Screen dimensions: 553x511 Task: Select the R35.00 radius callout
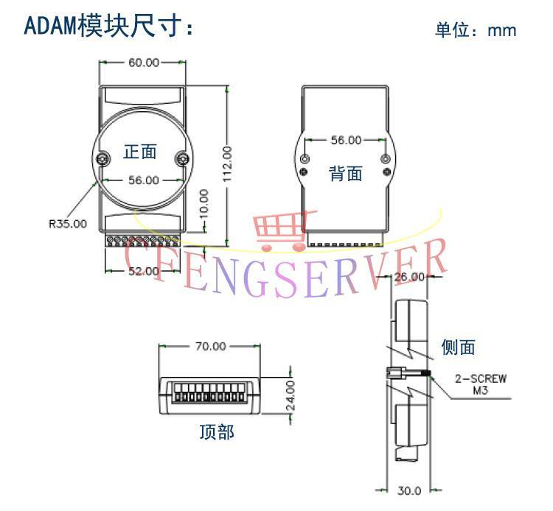pos(67,223)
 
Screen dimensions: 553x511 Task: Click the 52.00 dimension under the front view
pos(143,271)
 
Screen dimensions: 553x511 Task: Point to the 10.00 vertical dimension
pos(204,203)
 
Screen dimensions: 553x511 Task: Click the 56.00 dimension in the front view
pos(143,179)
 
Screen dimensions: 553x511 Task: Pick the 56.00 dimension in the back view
pos(345,140)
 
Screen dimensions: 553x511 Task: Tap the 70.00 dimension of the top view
pos(210,347)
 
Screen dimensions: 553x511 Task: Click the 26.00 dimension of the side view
pos(411,277)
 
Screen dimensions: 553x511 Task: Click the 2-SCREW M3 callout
pos(480,384)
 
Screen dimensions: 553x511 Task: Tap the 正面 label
pos(140,152)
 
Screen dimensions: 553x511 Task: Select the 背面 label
pos(345,174)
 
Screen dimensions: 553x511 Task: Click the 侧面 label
pos(458,347)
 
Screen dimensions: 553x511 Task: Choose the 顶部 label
pos(217,431)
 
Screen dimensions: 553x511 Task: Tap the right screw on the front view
pos(182,157)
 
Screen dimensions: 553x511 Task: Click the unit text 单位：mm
pos(476,30)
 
